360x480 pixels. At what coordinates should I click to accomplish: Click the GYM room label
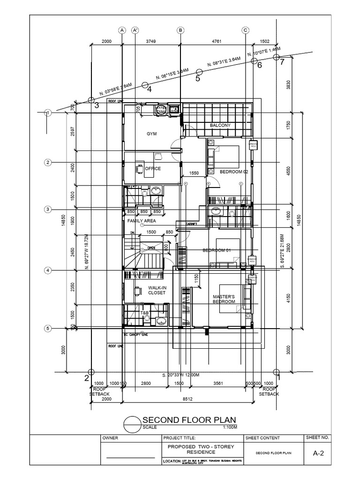[151, 134]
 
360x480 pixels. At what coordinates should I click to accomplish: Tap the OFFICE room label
[153, 169]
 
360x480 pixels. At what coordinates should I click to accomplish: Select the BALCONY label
[220, 126]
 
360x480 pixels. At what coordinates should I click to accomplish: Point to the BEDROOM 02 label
[234, 172]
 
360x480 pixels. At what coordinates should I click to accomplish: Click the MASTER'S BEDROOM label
[224, 299]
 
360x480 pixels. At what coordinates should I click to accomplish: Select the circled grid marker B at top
[180, 30]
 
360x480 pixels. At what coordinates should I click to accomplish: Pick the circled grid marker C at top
[245, 30]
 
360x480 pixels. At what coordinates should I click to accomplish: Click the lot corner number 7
[282, 62]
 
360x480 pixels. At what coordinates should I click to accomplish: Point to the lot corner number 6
[259, 66]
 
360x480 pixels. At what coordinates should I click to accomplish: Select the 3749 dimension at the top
[151, 42]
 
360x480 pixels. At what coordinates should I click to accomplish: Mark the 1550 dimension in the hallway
[194, 173]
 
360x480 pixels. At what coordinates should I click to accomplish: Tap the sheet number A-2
[318, 453]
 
